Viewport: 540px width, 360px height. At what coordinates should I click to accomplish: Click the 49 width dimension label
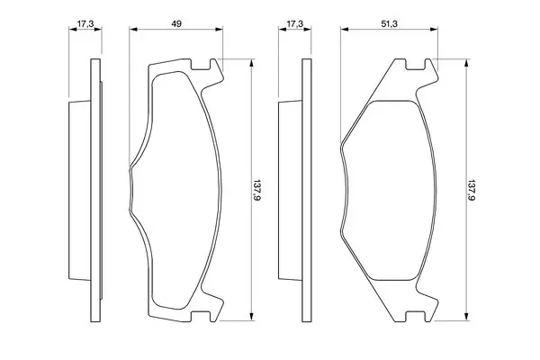[x=176, y=23]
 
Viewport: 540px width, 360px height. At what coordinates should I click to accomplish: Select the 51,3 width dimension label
[x=389, y=23]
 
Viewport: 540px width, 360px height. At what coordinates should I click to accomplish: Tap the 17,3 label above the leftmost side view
[x=85, y=23]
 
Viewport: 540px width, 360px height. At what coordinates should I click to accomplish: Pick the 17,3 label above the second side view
[x=295, y=23]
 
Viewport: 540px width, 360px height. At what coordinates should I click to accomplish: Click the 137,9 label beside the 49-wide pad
[x=256, y=190]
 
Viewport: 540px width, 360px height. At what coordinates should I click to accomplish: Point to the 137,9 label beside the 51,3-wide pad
[x=471, y=190]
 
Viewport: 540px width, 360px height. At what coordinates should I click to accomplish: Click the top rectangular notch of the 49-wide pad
[x=201, y=65]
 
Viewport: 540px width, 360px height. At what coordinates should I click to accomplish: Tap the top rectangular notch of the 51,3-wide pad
[x=416, y=65]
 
